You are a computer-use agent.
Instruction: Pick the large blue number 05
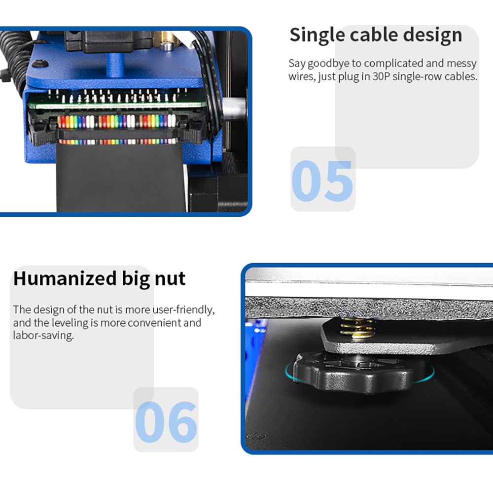pyautogui.click(x=322, y=180)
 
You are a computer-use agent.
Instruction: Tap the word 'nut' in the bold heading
pyautogui.click(x=169, y=278)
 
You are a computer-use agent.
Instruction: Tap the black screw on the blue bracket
pyautogui.click(x=39, y=63)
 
